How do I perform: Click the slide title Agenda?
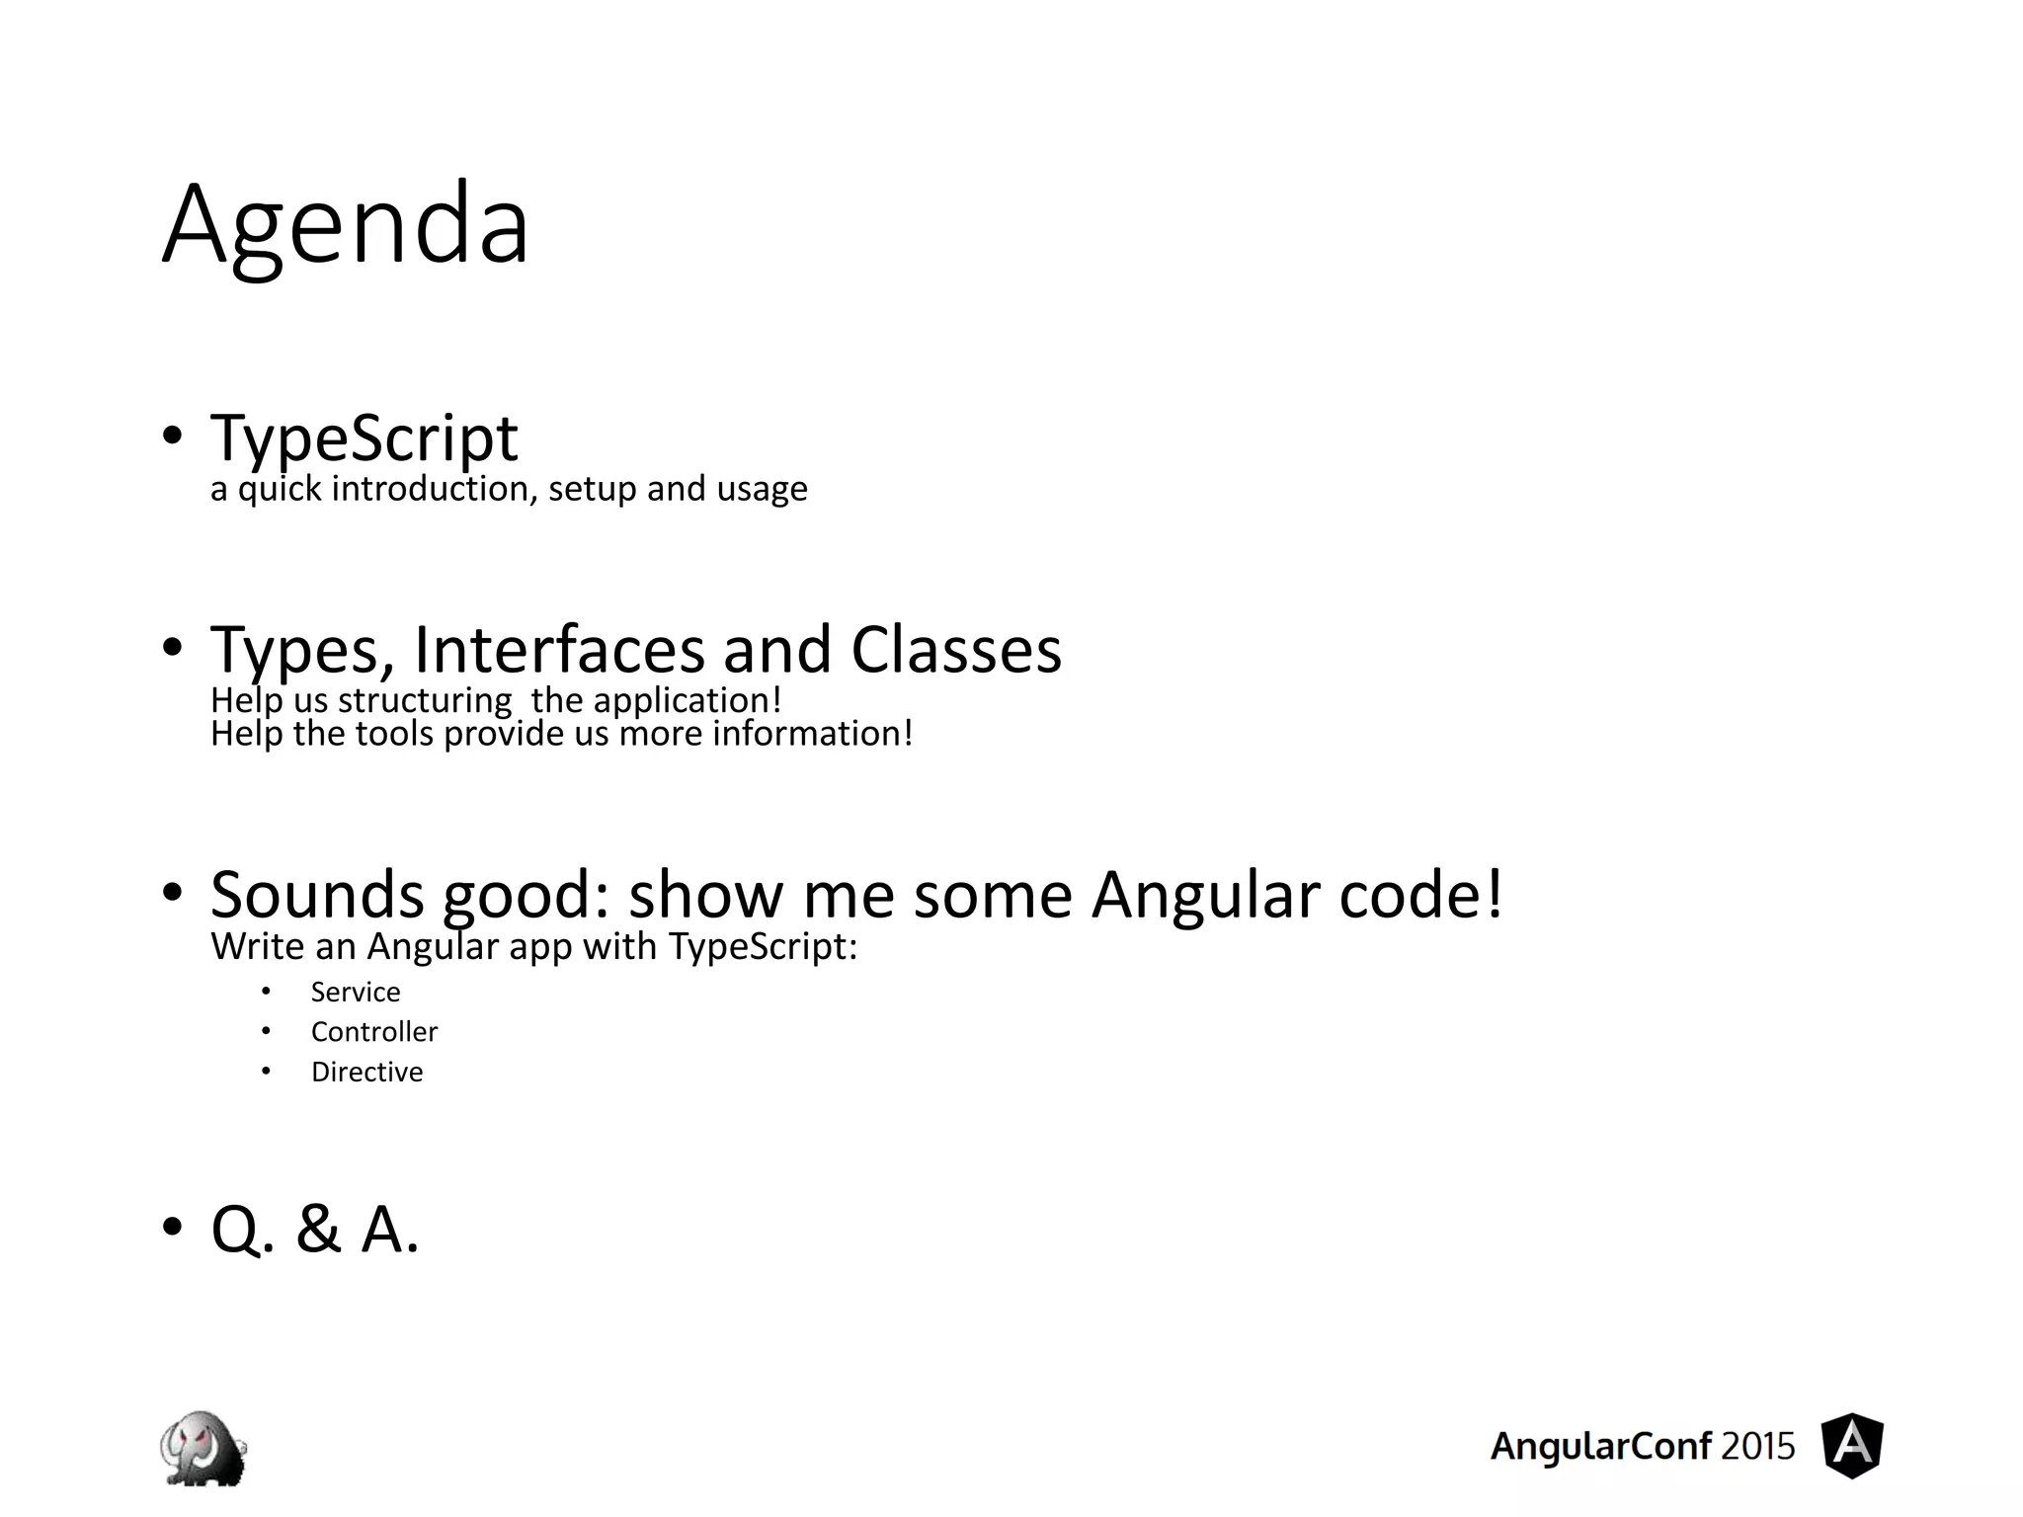coord(346,225)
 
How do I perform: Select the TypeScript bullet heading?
coord(364,438)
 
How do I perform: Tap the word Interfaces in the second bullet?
coord(559,650)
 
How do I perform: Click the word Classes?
coord(955,650)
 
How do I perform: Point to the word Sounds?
coord(317,895)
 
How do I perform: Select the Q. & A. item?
coord(315,1230)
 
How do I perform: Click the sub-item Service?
coord(356,992)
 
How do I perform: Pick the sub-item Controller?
coord(373,1032)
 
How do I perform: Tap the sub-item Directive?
coord(366,1072)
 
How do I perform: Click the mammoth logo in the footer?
coord(203,1447)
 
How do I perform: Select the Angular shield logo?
coord(1852,1446)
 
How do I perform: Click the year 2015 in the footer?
coord(1757,1447)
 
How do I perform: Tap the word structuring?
coord(425,700)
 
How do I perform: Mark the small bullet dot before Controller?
coord(266,1031)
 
